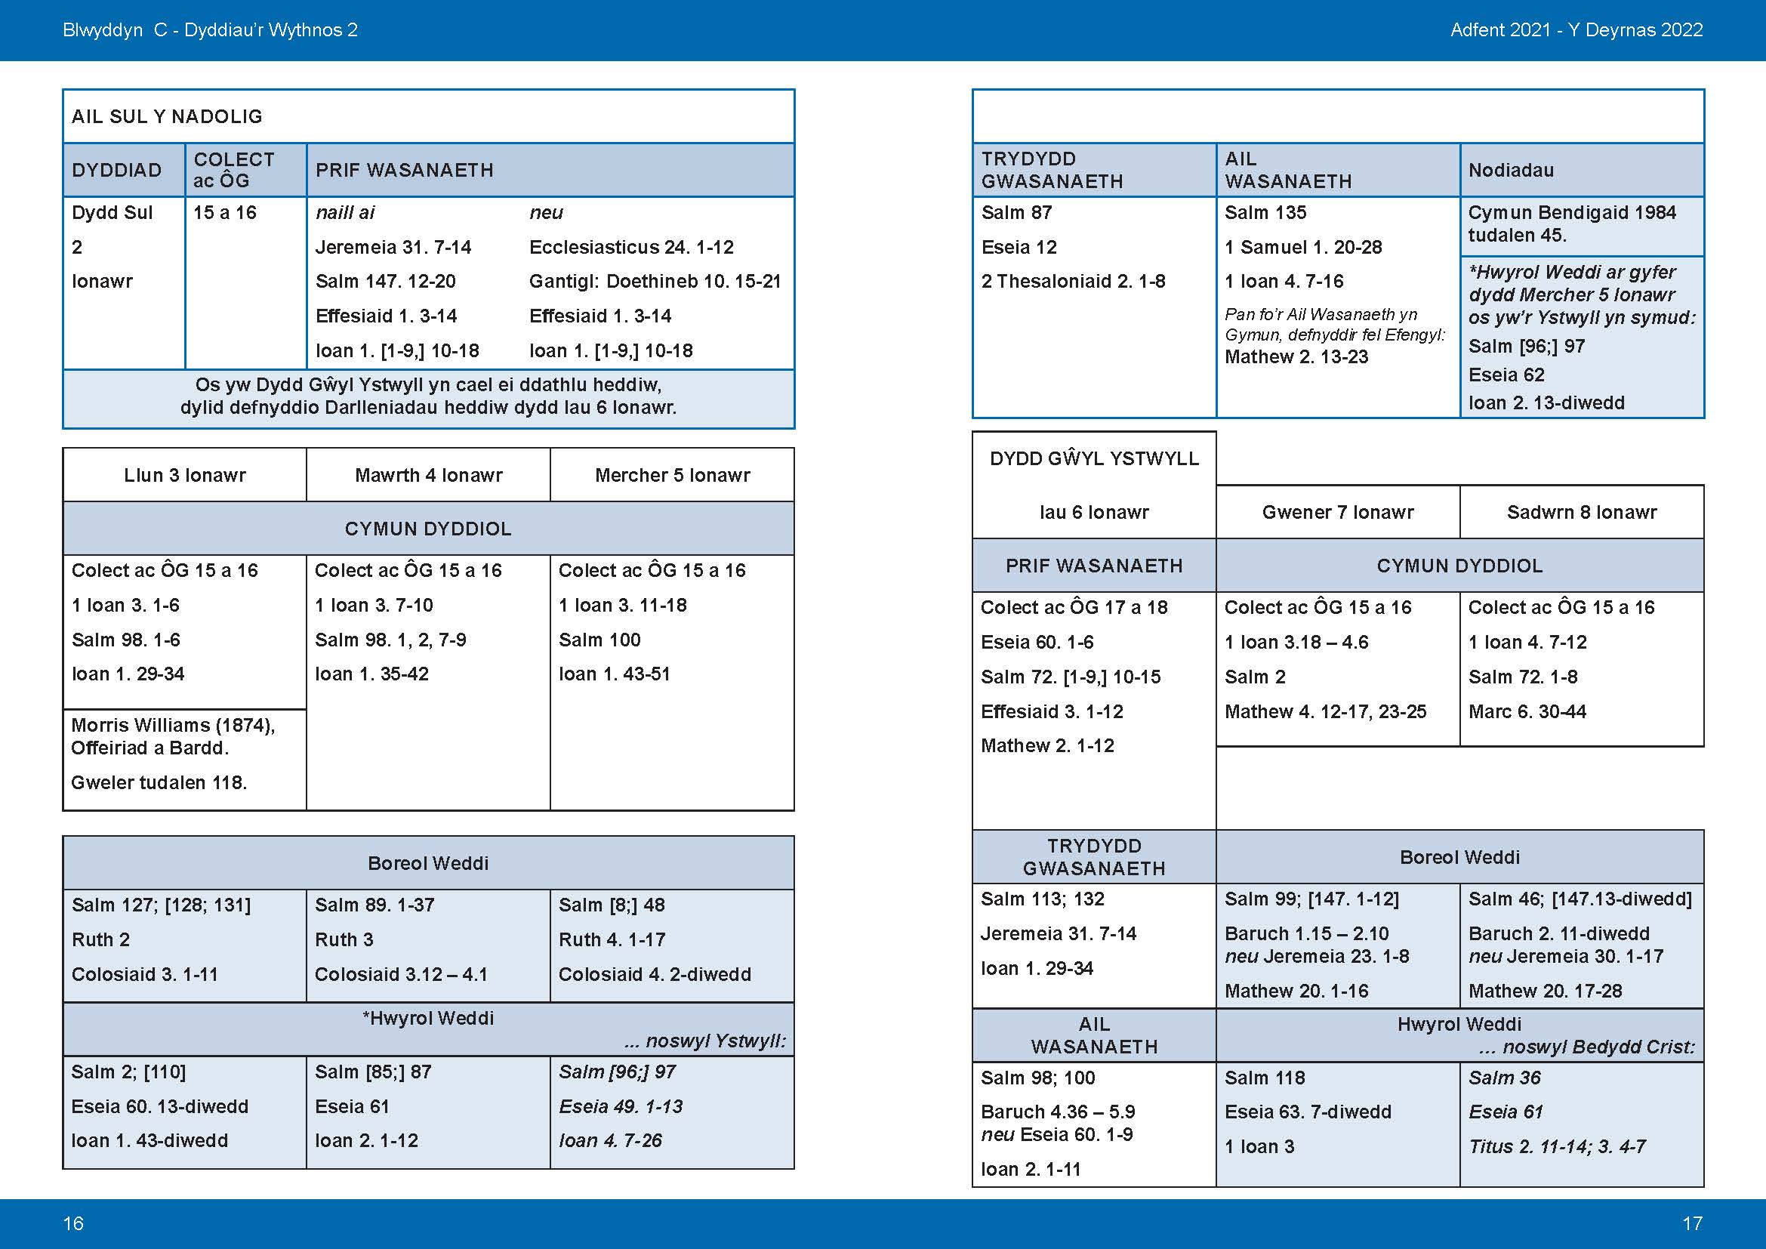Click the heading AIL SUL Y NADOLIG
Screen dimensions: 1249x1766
coord(167,117)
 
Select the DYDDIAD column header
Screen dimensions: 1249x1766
coord(116,170)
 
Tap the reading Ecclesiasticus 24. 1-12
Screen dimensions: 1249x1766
coord(630,247)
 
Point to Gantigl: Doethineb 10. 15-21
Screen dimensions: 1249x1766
coord(655,282)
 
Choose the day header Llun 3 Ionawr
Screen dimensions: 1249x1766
coord(184,475)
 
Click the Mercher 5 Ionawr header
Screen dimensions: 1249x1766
coord(671,475)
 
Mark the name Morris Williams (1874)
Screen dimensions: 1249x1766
coord(172,725)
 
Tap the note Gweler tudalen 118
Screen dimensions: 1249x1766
coord(159,783)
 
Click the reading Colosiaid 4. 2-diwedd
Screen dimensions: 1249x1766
coord(654,974)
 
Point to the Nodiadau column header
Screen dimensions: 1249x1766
coord(1511,170)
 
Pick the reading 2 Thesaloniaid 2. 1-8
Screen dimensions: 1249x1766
coord(1073,282)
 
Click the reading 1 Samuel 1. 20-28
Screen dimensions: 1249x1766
coord(1303,247)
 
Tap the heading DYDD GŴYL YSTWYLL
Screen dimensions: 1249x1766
coord(1094,459)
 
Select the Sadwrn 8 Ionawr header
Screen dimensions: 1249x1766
coord(1582,512)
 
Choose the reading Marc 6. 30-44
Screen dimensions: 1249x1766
coord(1527,711)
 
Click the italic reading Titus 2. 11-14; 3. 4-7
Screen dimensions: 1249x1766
coord(1557,1147)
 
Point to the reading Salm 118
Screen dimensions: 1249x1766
coord(1265,1078)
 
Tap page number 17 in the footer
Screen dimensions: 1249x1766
coord(1692,1223)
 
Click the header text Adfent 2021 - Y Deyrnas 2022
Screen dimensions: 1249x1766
coord(1576,30)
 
